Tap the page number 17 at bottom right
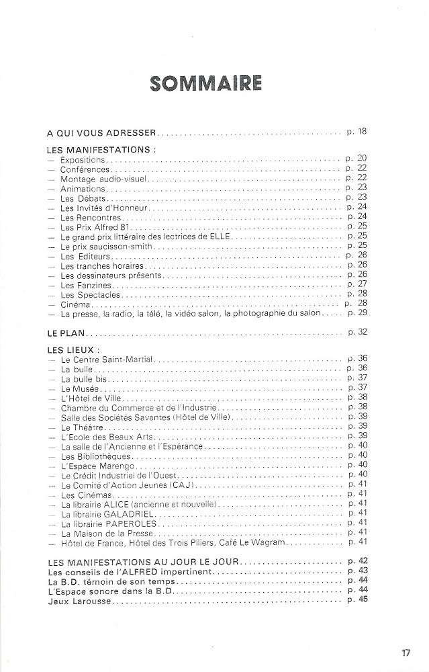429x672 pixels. coord(406,652)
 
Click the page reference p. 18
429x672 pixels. coord(356,132)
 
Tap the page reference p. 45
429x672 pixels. coord(356,599)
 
